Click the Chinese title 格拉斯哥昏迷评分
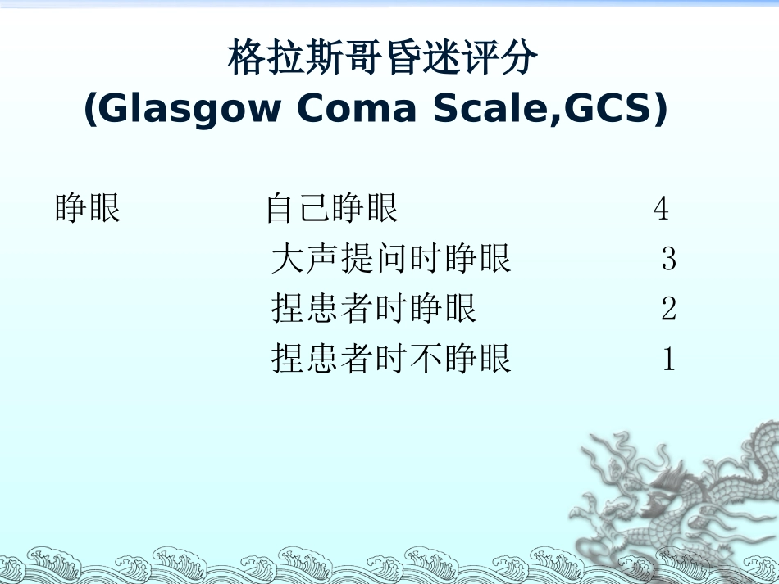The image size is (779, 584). coord(383,59)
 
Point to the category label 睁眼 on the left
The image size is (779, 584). coord(88,209)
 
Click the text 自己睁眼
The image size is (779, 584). coord(332,210)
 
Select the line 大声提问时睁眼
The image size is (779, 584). coord(391,259)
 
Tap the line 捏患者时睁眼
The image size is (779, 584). coord(374,309)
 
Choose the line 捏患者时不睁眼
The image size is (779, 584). coord(391,359)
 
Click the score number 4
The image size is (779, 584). coord(661,210)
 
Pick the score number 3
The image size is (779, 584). coord(668,260)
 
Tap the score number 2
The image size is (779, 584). coord(668,310)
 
